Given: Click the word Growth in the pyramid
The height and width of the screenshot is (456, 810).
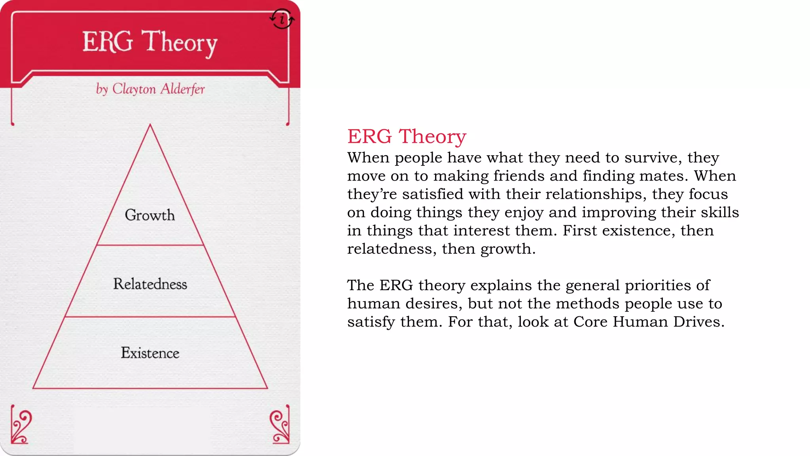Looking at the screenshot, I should click(x=150, y=215).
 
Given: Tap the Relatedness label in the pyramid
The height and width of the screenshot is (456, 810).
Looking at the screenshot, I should click(x=150, y=284).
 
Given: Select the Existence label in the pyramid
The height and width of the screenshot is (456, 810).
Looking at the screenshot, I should click(x=150, y=353).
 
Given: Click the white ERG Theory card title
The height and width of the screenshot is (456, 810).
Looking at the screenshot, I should click(x=150, y=42).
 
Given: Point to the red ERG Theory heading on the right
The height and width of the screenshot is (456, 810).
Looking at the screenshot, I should click(x=407, y=137).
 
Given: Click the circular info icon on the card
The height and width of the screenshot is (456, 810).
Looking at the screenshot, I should click(x=282, y=19).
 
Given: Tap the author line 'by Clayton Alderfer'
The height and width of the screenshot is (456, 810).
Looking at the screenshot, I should click(x=150, y=89).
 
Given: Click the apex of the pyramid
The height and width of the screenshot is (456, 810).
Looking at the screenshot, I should click(x=150, y=126).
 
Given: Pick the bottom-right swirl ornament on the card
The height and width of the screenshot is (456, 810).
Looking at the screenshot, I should click(x=280, y=427).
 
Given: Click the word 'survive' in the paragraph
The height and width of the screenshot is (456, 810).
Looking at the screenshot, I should click(x=653, y=158).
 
